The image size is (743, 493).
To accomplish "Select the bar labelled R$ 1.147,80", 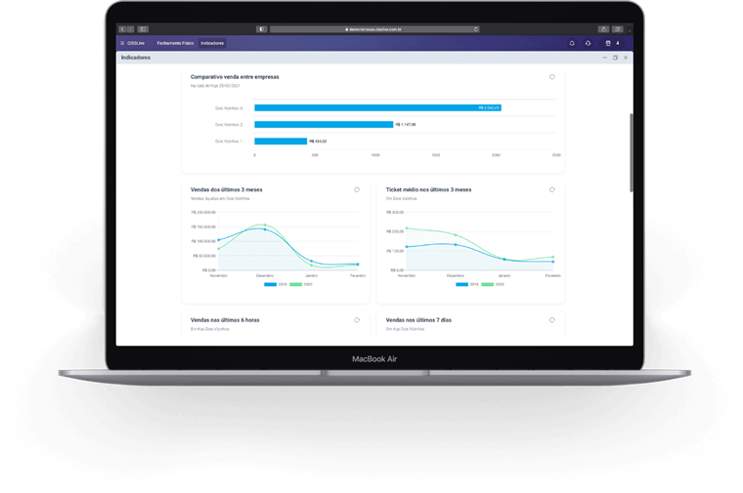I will pos(324,124).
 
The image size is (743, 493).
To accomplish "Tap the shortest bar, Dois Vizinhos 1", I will pos(281,142).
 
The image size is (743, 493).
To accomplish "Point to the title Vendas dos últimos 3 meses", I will pos(227,189).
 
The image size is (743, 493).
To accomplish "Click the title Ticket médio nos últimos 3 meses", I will pos(428,189).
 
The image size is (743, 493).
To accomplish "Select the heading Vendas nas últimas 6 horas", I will pos(225,319).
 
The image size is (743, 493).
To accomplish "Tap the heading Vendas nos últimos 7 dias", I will pos(418,319).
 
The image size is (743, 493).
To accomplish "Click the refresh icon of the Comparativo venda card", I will pos(552,76).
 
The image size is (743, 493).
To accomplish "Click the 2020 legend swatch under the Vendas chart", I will pos(295,284).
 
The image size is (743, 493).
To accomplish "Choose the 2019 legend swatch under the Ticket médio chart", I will pos(462,284).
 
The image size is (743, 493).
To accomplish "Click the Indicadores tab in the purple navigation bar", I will pos(212,43).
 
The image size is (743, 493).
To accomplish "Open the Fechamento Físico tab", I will pos(176,43).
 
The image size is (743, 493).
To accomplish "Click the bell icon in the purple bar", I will pos(572,43).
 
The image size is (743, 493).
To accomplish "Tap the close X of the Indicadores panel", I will pos(626,58).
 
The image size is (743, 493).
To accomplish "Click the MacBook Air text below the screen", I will pos(374,359).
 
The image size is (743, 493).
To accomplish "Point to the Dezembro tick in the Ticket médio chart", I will pos(455,275).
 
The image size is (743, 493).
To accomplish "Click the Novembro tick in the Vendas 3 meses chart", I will pos(218,275).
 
